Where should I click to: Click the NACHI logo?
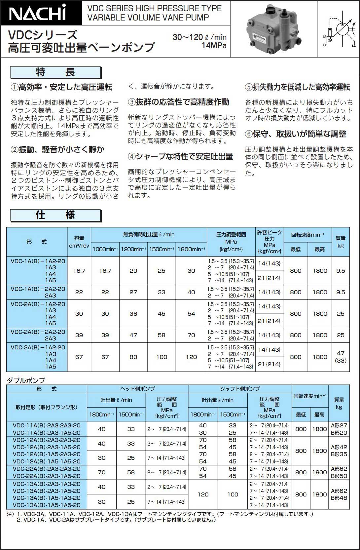(38, 13)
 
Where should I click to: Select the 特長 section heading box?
(55, 72)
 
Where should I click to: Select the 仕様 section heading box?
(55, 215)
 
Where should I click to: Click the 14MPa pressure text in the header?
(214, 46)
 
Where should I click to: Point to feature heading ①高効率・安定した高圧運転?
(62, 87)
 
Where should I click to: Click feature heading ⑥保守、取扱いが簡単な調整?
(296, 134)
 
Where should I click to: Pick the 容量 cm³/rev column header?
(79, 242)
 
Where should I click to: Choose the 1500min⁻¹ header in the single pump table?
(162, 249)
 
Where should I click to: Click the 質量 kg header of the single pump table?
(341, 242)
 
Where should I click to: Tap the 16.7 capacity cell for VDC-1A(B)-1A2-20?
(79, 271)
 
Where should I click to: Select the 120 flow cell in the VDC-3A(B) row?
(191, 357)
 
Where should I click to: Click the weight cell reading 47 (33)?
(341, 357)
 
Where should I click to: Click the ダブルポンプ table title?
(26, 380)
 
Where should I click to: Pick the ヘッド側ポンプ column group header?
(137, 389)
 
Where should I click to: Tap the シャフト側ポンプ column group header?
(240, 389)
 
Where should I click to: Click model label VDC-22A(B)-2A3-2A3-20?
(47, 469)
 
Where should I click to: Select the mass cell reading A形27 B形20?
(339, 429)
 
